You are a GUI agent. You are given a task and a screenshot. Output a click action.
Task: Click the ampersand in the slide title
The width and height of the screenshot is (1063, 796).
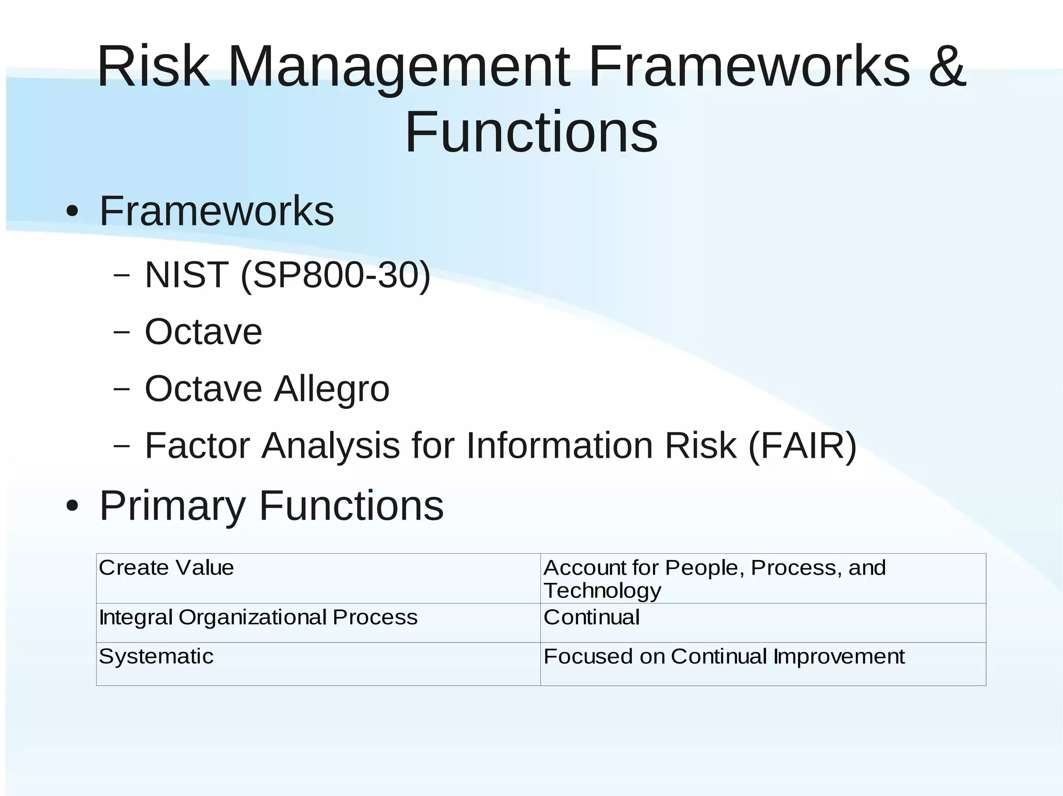pos(947,66)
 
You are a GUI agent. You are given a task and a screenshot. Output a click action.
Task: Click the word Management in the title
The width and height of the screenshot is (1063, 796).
pos(398,67)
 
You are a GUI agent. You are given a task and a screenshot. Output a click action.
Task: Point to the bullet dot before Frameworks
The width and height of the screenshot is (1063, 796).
pos(73,212)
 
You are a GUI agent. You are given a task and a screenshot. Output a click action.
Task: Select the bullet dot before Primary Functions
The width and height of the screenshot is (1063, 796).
pos(73,506)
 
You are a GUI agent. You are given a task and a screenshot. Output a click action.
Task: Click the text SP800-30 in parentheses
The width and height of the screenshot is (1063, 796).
pos(335,275)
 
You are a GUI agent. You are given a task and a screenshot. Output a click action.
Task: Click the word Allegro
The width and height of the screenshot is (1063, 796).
pos(332,389)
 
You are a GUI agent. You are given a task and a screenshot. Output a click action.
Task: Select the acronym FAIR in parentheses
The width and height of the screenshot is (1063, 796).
pos(802,445)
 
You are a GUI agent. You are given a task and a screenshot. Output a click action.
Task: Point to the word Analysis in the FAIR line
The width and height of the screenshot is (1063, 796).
pos(331,445)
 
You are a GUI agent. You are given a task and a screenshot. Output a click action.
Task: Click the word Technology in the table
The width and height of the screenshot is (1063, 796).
pos(602,591)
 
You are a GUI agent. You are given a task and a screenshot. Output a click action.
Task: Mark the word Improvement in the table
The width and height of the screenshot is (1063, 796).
pos(839,657)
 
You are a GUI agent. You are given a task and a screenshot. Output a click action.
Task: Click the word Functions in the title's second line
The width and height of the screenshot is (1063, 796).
pos(531,132)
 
